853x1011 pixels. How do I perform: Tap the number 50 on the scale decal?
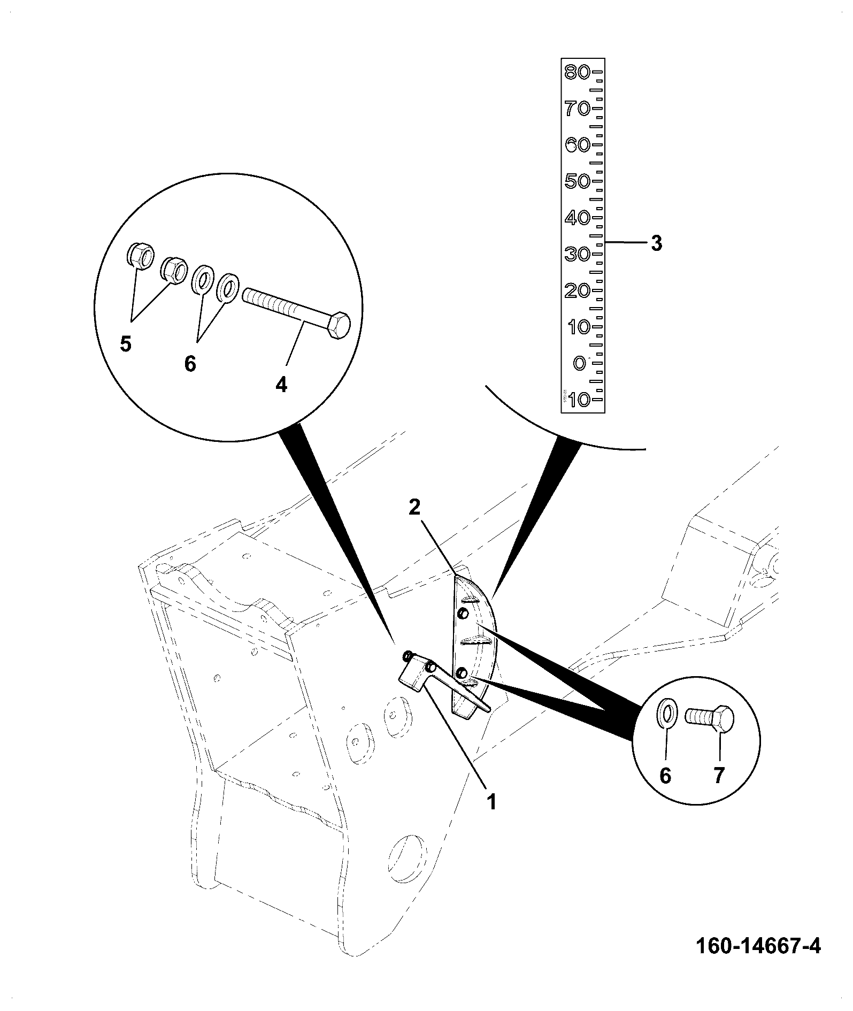[x=578, y=181]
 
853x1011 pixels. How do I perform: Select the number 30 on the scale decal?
[x=578, y=254]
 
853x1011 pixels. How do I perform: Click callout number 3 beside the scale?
[x=656, y=243]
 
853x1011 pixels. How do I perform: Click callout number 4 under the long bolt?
[x=281, y=384]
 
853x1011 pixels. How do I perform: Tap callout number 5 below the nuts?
[x=126, y=344]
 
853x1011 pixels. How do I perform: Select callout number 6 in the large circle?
[x=190, y=364]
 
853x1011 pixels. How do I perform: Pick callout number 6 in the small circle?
[x=665, y=776]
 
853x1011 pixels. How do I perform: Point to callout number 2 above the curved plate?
[x=415, y=508]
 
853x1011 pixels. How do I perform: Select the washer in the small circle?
[x=666, y=714]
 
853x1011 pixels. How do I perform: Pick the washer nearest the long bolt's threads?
[x=227, y=289]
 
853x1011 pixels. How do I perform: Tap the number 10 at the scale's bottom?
[x=579, y=400]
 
